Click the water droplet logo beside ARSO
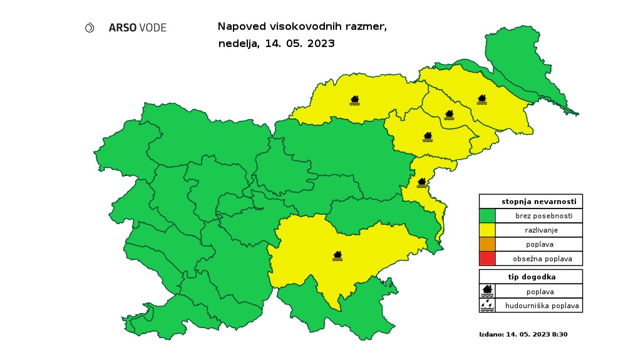coord(90,28)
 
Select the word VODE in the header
coord(153,28)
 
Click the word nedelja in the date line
coord(236,44)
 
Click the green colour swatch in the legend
coord(487,216)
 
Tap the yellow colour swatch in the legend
coord(487,230)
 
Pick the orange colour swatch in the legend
coord(487,244)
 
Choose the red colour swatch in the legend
coord(487,259)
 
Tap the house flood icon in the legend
coord(487,291)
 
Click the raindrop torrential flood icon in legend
coord(487,306)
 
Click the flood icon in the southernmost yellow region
coord(337,255)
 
